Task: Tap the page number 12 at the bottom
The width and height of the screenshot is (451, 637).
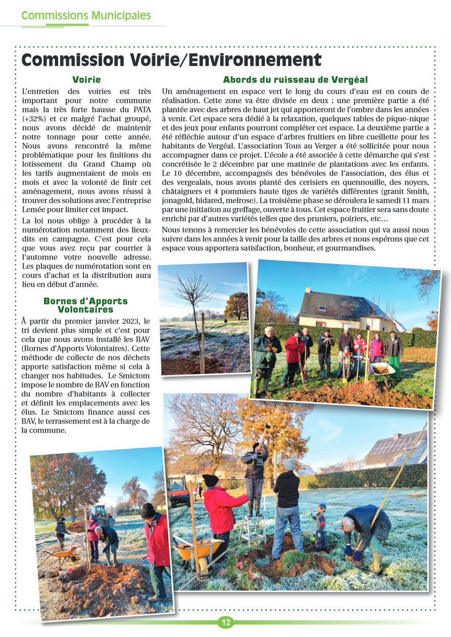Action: [225, 622]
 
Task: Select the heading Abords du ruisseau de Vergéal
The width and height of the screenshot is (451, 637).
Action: [295, 80]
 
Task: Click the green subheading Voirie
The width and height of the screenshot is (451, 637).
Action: [86, 80]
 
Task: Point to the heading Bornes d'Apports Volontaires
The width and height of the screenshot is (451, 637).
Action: [85, 305]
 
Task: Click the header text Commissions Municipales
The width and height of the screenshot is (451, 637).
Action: [86, 16]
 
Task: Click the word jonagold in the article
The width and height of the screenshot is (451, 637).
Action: [178, 200]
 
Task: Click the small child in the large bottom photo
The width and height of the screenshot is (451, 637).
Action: [321, 527]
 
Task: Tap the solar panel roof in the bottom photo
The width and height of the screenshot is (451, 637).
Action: [397, 445]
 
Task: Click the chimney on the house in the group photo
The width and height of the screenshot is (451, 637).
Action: [307, 291]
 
